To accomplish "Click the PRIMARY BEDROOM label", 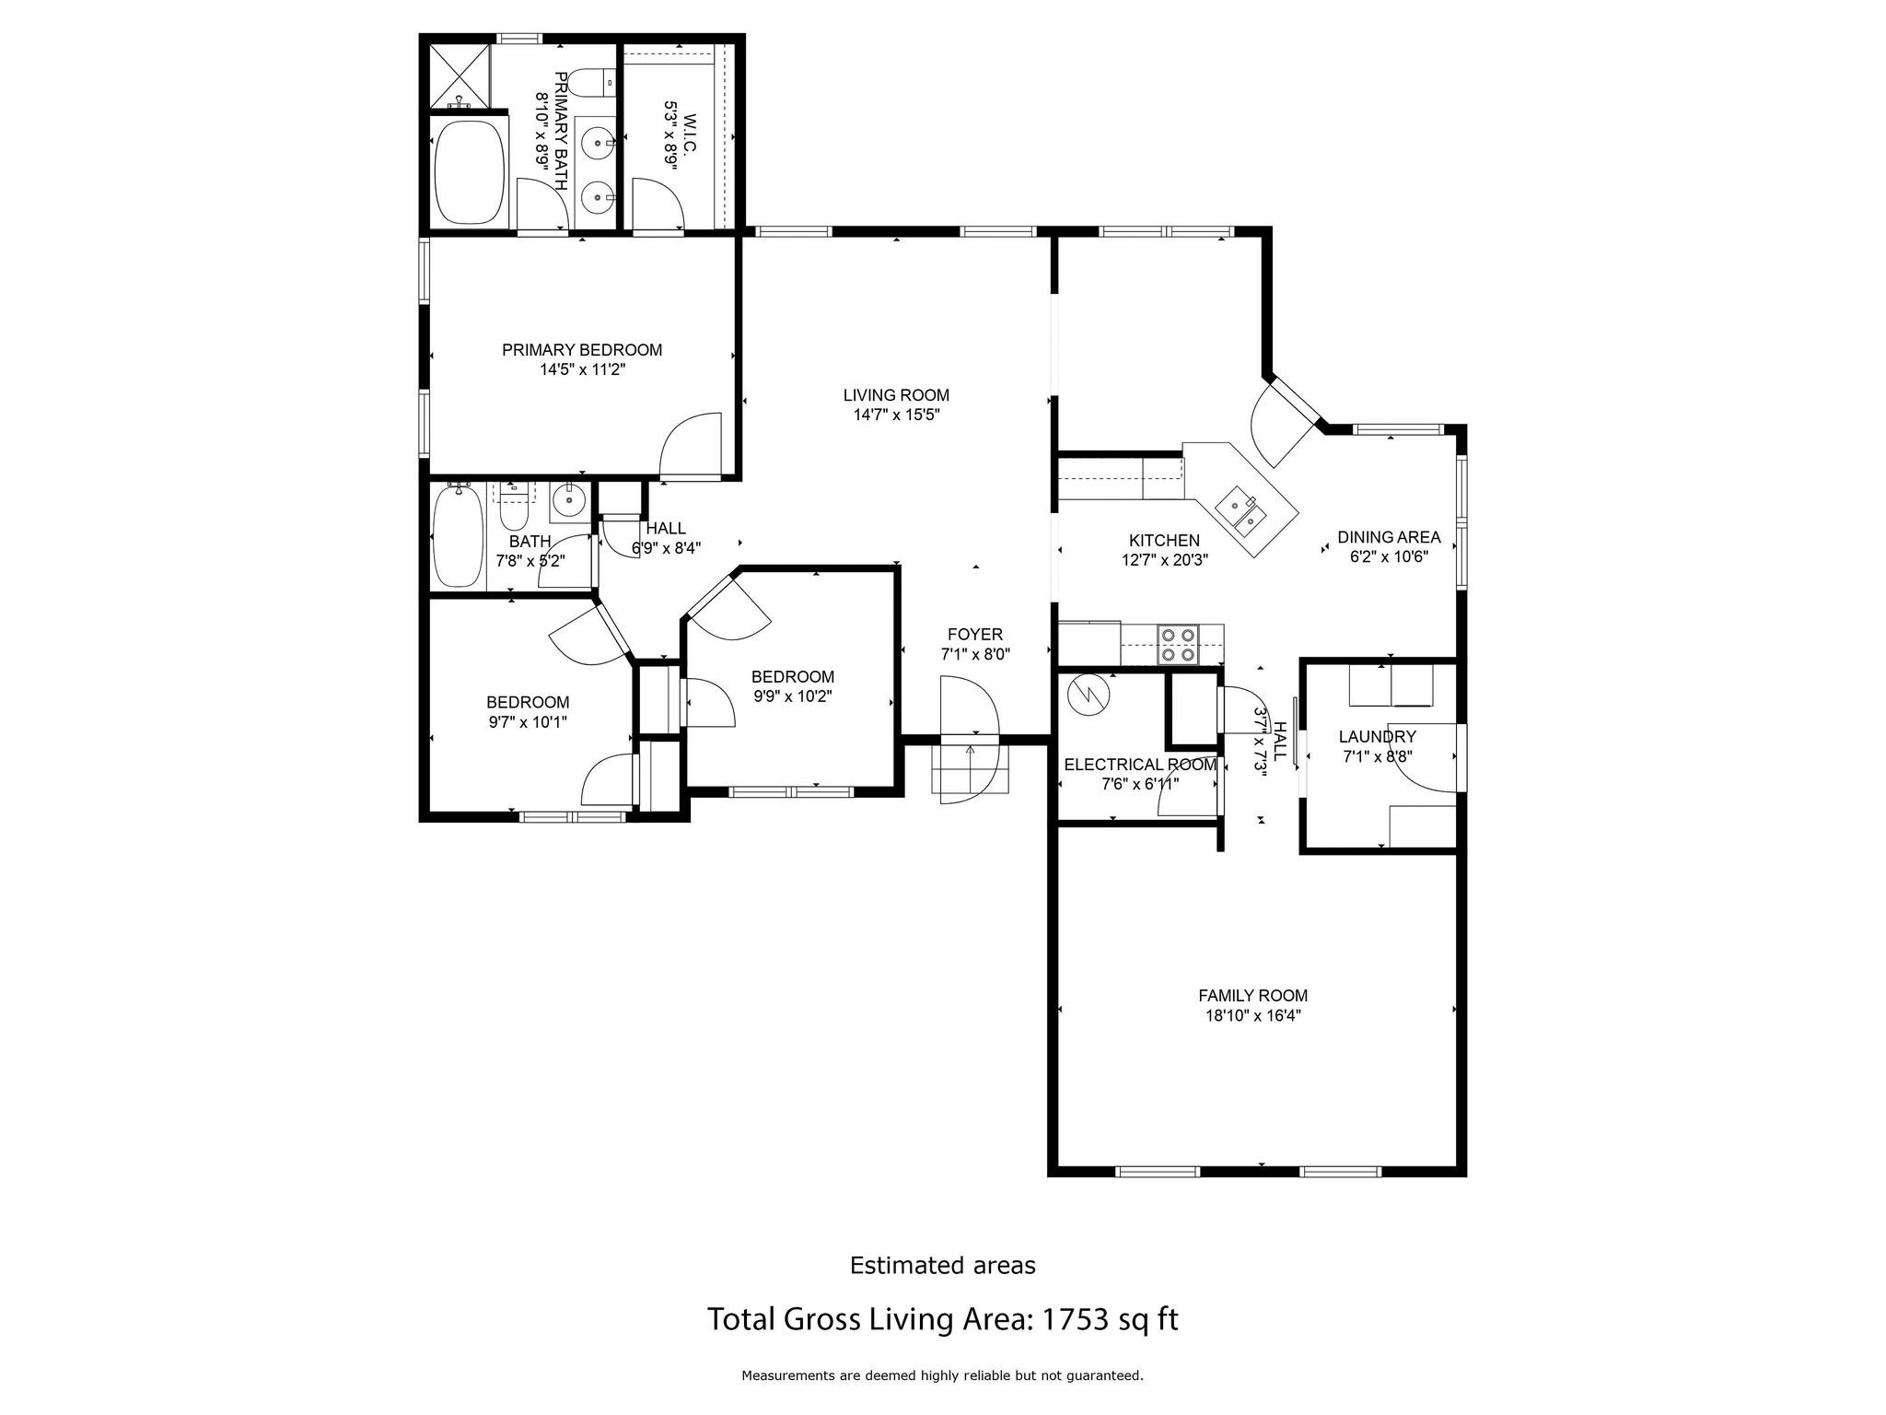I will point(581,350).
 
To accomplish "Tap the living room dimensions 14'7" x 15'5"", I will point(896,415).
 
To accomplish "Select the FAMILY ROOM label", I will point(1252,996).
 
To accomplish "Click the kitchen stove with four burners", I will point(1178,644).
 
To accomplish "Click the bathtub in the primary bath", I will point(470,170).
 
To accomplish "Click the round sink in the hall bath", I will point(567,501).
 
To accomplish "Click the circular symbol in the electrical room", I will point(1089,696).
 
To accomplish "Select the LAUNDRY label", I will point(1377,737).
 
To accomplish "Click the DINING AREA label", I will point(1388,537).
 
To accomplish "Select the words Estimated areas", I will point(942,1266).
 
